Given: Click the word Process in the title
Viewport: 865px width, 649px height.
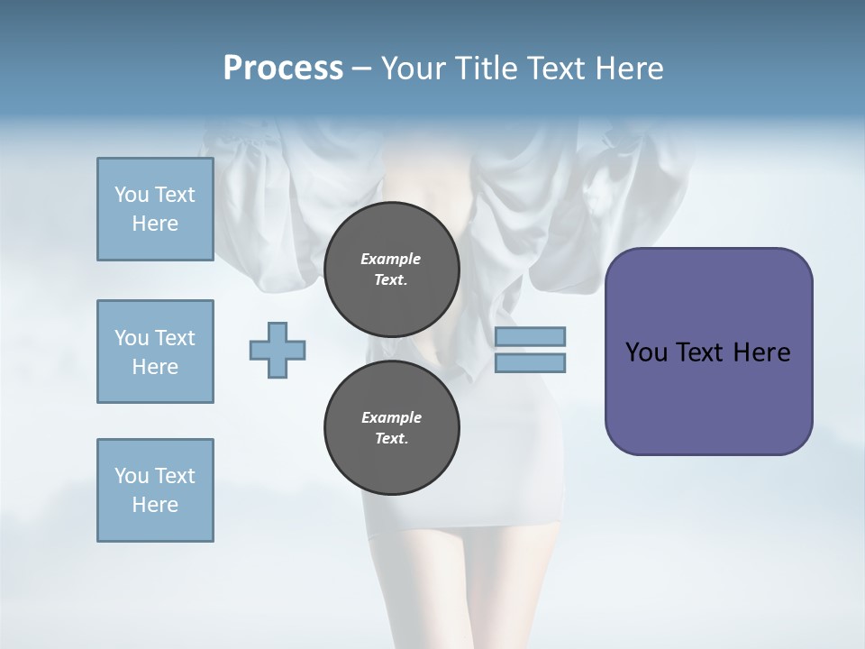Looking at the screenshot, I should tap(283, 69).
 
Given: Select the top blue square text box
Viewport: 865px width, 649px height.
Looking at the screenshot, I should tap(155, 209).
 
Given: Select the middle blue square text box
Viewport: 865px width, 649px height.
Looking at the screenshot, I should tap(155, 352).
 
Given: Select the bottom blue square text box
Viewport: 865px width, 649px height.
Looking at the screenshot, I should tap(155, 490).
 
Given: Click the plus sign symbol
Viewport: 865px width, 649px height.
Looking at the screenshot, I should tap(278, 350).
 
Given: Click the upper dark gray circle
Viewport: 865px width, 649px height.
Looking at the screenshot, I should tap(391, 270).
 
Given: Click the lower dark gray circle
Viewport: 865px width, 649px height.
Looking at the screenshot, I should tap(391, 428).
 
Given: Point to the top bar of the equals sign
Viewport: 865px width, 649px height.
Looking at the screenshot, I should tap(530, 336).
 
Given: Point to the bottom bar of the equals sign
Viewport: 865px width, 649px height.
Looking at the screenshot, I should tap(530, 363).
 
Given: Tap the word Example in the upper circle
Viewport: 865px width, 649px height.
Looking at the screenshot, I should tap(391, 259).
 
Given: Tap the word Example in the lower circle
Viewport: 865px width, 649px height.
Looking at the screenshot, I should tap(391, 417).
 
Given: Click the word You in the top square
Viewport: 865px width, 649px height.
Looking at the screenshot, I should tap(131, 195).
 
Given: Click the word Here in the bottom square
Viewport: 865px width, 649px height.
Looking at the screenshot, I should tap(155, 505).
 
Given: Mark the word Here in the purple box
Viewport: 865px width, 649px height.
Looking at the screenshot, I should tap(761, 352).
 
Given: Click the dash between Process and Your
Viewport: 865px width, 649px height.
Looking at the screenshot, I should tap(362, 69).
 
